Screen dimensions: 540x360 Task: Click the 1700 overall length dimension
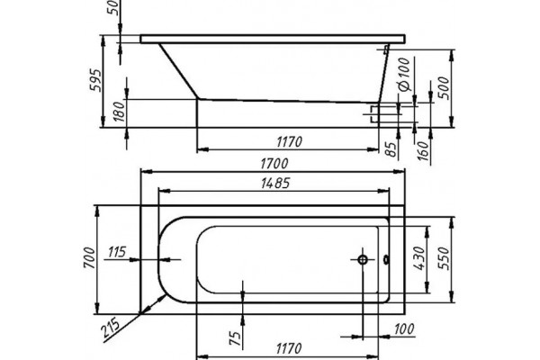coord(274,163)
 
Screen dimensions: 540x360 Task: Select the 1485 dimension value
coord(275,184)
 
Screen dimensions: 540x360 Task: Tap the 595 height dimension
coord(95,80)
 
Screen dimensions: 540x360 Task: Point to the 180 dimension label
coord(119,112)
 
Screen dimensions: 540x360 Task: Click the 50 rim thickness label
coord(114,7)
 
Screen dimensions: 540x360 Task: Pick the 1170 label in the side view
coord(289,141)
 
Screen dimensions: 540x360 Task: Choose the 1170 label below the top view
coord(289,348)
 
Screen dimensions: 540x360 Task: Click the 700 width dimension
coord(89,258)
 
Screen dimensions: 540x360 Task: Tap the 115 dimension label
coord(117,252)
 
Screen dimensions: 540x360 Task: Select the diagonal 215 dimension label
coord(111,328)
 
